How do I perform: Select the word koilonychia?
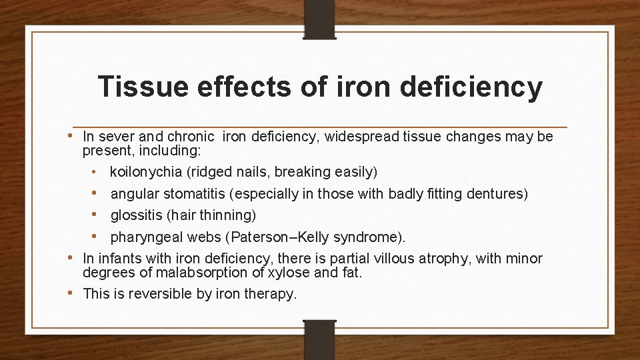(x=146, y=172)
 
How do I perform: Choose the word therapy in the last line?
(x=269, y=295)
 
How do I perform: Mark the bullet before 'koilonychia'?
(x=95, y=172)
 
